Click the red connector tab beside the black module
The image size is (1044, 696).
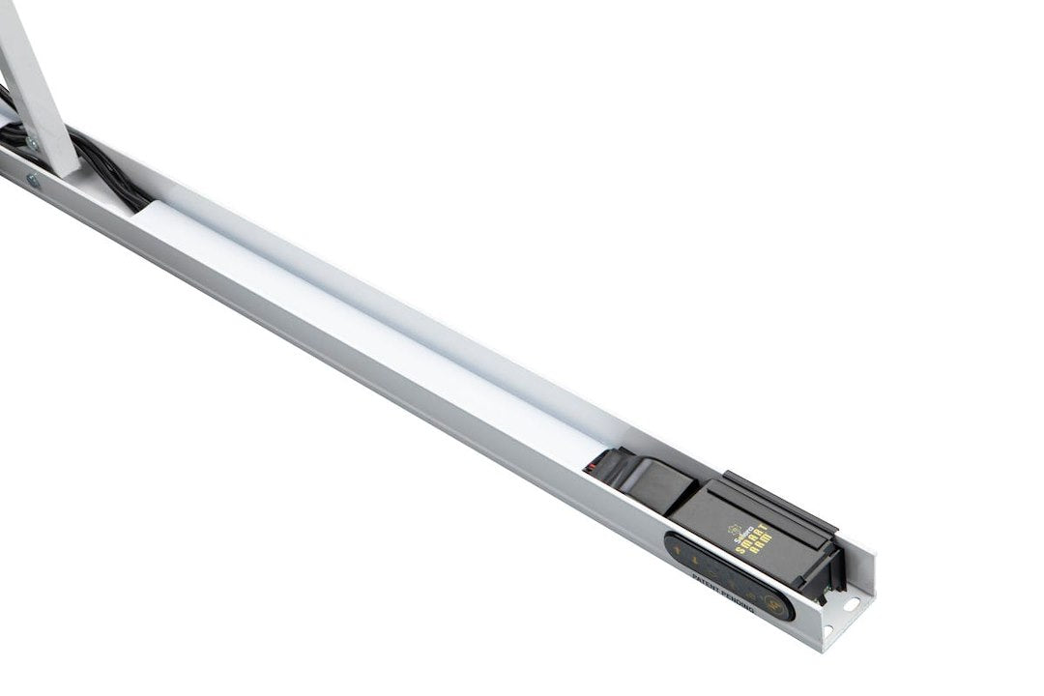(590, 468)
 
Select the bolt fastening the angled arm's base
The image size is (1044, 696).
(33, 143)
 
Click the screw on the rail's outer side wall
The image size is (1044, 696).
(34, 180)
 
